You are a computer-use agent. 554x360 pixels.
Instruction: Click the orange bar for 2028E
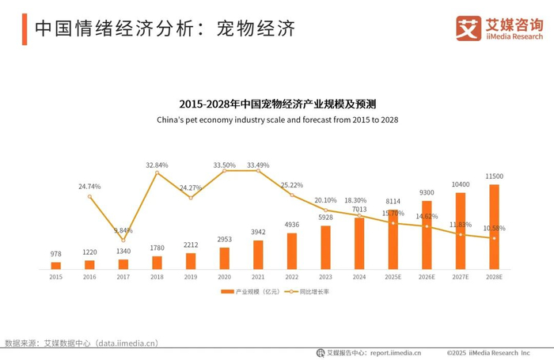coord(494,227)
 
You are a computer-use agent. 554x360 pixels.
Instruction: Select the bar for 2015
coord(56,266)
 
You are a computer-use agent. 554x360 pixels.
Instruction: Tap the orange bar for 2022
coord(292,251)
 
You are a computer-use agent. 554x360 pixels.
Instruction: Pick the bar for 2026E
coord(427,235)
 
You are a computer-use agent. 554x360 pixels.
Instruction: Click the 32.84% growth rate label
coord(157,165)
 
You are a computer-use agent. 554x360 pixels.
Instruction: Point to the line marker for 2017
coord(123,241)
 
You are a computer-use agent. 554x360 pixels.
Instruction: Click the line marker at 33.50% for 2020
coord(224,171)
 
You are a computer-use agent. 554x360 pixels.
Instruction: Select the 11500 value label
coord(495,176)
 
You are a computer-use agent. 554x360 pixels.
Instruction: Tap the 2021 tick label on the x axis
coord(258,277)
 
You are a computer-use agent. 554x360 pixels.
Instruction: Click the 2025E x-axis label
coord(393,277)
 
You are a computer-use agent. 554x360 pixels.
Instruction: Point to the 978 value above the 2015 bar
coord(56,254)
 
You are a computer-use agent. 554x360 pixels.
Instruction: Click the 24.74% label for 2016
coord(89,186)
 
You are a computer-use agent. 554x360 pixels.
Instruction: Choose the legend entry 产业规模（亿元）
coord(251,291)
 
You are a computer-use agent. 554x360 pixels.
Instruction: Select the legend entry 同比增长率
coord(307,291)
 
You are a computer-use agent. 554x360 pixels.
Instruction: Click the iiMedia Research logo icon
coord(469,28)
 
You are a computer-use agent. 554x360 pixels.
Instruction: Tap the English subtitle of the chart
coord(277,119)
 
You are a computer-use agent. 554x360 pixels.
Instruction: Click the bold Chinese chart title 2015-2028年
coord(277,104)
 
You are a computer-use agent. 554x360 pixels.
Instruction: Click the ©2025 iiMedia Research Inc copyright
coord(488,353)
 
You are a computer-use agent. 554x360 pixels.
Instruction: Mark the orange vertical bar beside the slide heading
coord(25,29)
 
